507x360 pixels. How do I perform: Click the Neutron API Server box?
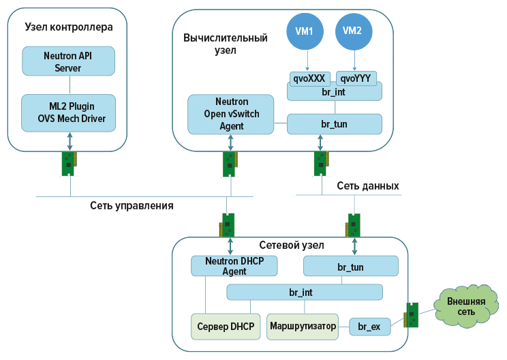(68, 61)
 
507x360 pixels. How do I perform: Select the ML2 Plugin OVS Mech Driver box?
(68, 112)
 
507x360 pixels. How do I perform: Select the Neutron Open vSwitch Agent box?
(230, 114)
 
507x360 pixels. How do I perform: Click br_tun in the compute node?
(334, 124)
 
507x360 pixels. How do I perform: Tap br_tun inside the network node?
(350, 265)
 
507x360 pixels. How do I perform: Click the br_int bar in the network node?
(305, 292)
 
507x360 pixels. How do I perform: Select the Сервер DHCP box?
(226, 327)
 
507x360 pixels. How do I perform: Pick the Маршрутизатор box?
(303, 327)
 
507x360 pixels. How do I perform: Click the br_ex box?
(369, 327)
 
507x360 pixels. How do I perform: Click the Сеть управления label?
(132, 205)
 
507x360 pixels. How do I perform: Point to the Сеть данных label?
(368, 186)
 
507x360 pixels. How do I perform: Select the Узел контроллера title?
(68, 27)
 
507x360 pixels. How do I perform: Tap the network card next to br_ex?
(412, 315)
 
